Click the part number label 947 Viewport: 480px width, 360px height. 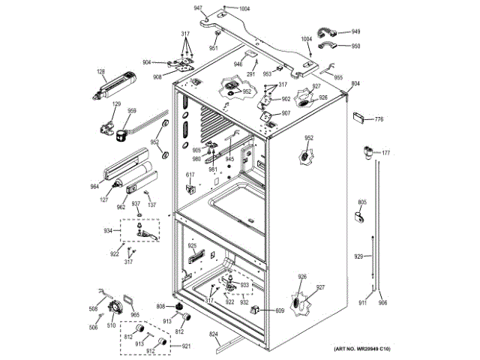tap(198, 7)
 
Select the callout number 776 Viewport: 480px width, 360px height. tap(379, 119)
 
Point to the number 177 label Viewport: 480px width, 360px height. tap(386, 154)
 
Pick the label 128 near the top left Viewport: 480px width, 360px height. tap(100, 72)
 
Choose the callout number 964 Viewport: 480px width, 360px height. tap(94, 187)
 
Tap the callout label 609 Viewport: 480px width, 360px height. tap(280, 310)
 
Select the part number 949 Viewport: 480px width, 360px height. tap(355, 31)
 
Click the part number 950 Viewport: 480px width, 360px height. tap(355, 46)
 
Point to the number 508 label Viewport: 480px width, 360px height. tap(94, 309)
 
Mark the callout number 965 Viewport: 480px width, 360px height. tap(134, 316)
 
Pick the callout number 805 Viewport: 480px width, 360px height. tap(361, 202)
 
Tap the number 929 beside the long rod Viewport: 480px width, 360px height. tap(358, 256)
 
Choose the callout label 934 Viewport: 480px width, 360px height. tap(107, 230)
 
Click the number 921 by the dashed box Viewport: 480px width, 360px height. tap(186, 346)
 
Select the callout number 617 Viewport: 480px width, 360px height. tap(190, 175)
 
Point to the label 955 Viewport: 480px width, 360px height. tap(338, 77)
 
